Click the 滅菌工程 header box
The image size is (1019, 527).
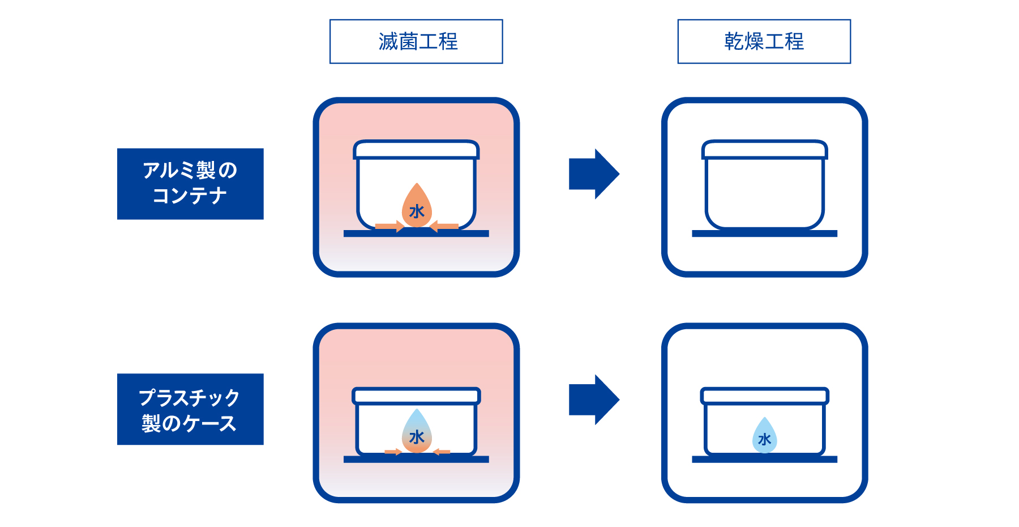(416, 41)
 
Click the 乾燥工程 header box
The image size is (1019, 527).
(764, 41)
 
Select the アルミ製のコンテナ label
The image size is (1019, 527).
(190, 184)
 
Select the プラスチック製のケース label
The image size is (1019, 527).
(190, 409)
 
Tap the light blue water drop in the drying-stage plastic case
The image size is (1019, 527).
(764, 436)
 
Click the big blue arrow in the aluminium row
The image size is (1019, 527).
(593, 174)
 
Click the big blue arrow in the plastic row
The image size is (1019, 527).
(593, 399)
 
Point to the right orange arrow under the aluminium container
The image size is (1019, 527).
(444, 227)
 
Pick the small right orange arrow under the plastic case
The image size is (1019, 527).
(442, 452)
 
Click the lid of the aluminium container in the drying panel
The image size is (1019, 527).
(764, 150)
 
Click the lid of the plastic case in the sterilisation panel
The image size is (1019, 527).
(416, 396)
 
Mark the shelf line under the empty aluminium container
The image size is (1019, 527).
(764, 233)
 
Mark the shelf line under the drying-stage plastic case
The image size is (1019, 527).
(764, 459)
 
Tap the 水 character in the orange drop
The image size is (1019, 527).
(417, 212)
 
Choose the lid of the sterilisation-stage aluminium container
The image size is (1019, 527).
(416, 150)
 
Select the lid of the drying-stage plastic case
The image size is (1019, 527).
(764, 396)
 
